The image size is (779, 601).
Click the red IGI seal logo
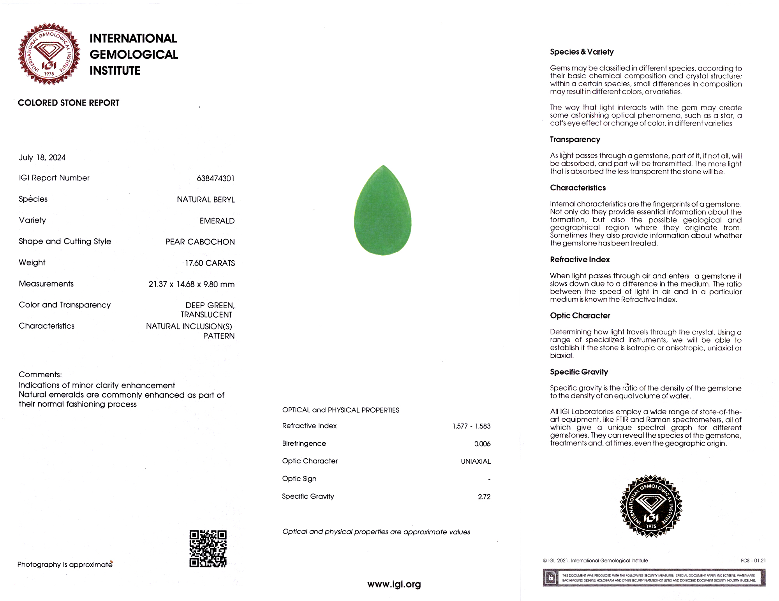[49, 54]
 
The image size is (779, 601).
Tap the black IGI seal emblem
[651, 506]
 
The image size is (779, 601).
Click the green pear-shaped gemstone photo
[383, 211]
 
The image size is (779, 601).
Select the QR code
[208, 548]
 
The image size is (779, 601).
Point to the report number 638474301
[215, 179]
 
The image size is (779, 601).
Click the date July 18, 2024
[42, 157]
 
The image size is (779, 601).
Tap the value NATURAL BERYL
[206, 200]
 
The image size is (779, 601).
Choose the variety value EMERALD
[217, 221]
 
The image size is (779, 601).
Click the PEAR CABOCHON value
[200, 242]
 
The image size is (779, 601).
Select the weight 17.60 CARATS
[210, 263]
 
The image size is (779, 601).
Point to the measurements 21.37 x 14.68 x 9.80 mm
[191, 285]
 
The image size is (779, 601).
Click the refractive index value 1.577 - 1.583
[471, 426]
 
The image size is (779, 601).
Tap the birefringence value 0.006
[482, 444]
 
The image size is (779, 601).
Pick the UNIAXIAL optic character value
[476, 461]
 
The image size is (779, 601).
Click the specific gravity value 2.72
[484, 497]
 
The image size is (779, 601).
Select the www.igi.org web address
[394, 584]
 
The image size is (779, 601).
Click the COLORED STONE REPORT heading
[69, 103]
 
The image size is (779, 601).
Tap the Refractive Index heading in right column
[580, 260]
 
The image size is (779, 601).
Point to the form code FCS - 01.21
[753, 561]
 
